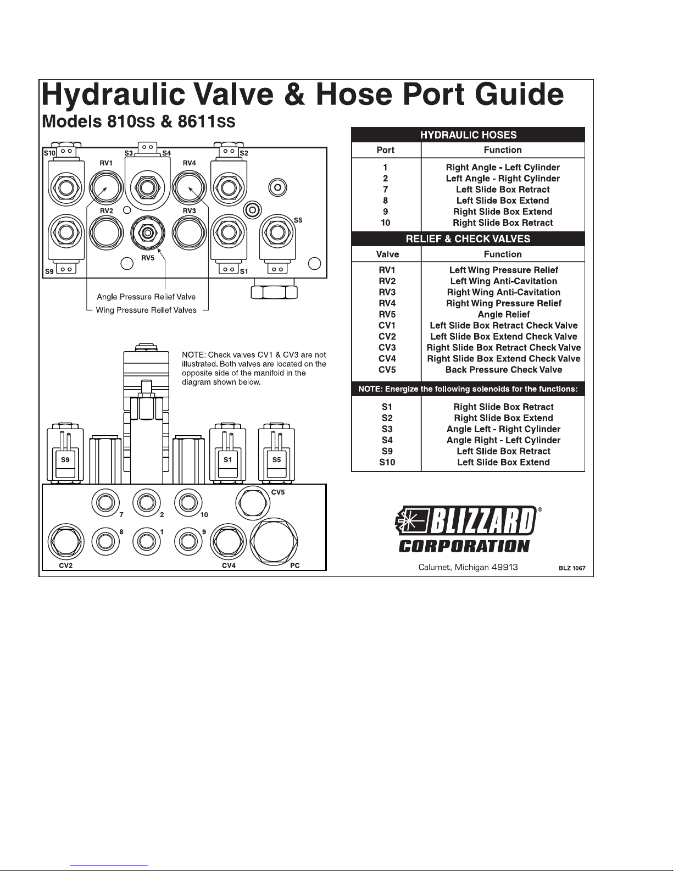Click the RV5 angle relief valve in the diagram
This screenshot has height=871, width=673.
tap(148, 233)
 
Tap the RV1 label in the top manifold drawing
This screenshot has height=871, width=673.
tap(106, 163)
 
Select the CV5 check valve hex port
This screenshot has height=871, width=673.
tap(253, 503)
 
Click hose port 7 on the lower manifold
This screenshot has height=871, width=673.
tap(105, 503)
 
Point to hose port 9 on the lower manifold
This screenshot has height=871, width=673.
tap(188, 541)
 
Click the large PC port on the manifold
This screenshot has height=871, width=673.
tap(274, 541)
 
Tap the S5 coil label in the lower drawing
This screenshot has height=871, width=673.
tap(277, 460)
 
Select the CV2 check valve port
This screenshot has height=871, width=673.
tap(66, 541)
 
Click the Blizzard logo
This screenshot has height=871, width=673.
tap(468, 530)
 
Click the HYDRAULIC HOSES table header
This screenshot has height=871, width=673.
tap(468, 135)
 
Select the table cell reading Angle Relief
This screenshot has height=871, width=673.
tap(504, 314)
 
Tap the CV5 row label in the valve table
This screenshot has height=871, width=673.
tap(387, 370)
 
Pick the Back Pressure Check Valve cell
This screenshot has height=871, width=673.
tap(504, 370)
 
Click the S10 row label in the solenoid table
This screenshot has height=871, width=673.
tap(387, 462)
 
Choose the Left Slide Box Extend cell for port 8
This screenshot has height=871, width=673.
tap(503, 201)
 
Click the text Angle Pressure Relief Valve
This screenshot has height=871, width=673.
tap(146, 297)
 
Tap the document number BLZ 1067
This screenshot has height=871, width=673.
tap(572, 568)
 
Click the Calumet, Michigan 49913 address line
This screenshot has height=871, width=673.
tap(468, 567)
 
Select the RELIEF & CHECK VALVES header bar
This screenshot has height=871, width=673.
tap(468, 239)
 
